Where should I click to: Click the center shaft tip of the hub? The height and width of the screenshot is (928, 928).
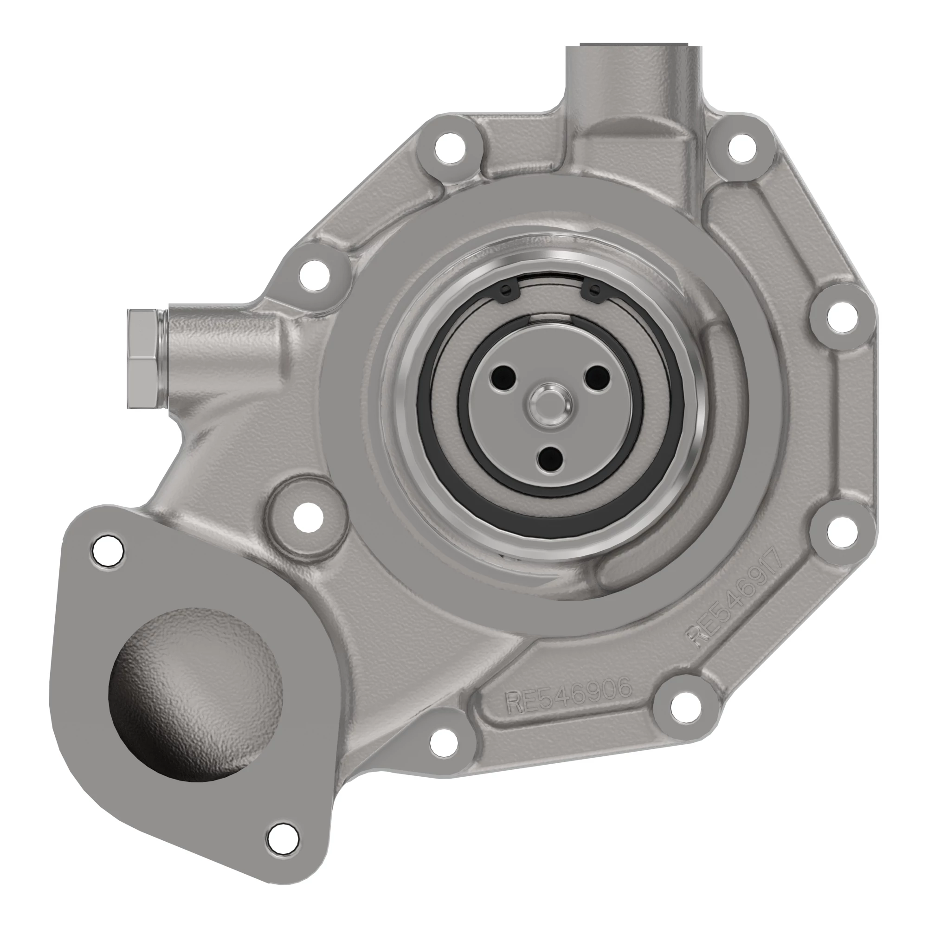pos(551,404)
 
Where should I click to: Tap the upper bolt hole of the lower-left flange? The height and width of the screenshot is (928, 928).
pos(108,548)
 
